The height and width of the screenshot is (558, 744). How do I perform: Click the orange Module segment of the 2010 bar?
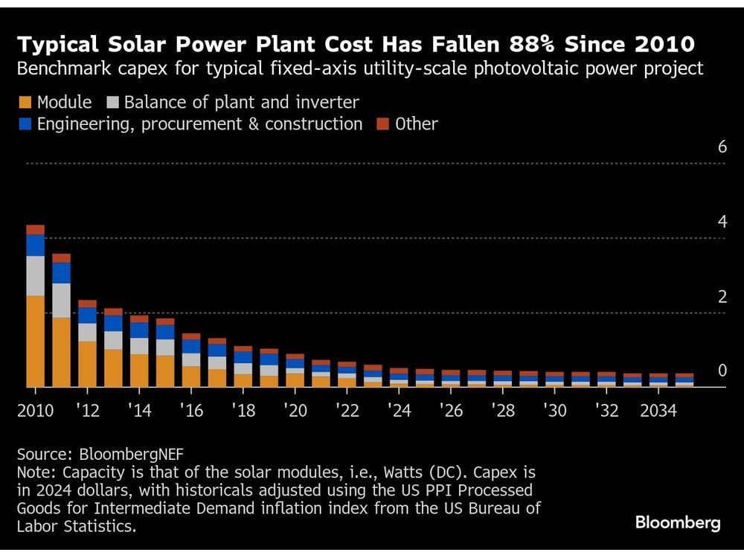[x=35, y=341]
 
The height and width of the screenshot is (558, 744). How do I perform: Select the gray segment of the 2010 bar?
[x=35, y=275]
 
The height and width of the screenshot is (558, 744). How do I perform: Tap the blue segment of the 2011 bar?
[x=61, y=272]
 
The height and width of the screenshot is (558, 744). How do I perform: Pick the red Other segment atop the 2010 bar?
[x=35, y=229]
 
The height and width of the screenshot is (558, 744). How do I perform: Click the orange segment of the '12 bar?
[x=87, y=364]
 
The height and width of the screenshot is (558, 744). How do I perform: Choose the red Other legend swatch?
[x=382, y=124]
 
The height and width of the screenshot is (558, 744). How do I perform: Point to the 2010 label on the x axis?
[x=35, y=411]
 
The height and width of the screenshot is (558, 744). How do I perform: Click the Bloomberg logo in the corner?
[x=677, y=523]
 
